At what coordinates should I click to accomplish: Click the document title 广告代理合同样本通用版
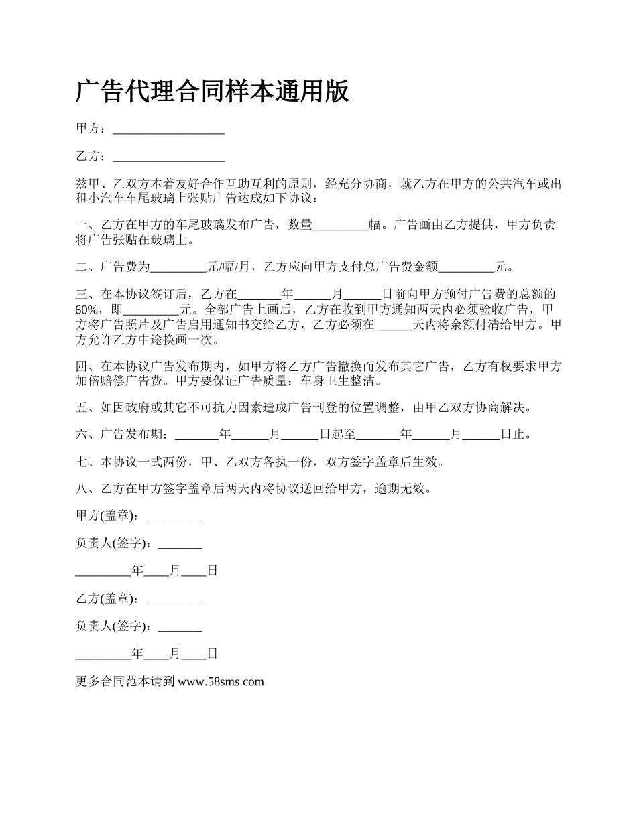point(213,92)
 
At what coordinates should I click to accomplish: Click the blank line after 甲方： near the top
point(168,129)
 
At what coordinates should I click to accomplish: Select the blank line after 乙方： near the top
point(168,157)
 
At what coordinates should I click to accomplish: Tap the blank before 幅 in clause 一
point(341,226)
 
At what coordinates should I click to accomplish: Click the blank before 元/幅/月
point(178,267)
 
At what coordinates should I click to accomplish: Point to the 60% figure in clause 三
point(87,310)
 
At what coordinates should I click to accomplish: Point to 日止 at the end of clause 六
point(513,435)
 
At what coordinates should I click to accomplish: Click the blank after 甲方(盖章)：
point(174,517)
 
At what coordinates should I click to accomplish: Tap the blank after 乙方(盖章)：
point(174,599)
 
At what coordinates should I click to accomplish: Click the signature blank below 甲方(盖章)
point(180,544)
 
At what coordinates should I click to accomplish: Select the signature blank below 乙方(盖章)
point(180,626)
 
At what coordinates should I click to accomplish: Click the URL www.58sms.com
point(221,682)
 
